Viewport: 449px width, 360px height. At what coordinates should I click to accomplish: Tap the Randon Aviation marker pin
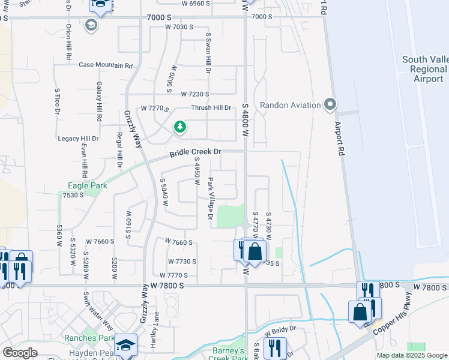point(330,105)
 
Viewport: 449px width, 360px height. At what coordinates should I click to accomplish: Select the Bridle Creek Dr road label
point(195,154)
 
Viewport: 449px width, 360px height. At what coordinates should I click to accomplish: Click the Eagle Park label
point(88,185)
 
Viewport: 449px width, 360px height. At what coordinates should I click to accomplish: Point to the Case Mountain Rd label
point(105,65)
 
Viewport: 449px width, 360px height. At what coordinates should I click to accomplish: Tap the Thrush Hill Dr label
point(211,107)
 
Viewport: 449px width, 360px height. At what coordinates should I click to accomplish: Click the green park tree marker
point(179,127)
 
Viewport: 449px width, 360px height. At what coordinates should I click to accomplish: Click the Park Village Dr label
point(210,199)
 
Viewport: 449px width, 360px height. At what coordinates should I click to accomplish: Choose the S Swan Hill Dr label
point(208,53)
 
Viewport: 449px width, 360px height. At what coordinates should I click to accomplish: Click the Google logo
point(20,353)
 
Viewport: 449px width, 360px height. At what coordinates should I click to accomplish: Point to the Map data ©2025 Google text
point(412,355)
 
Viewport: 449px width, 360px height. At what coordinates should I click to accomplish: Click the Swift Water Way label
point(98,311)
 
